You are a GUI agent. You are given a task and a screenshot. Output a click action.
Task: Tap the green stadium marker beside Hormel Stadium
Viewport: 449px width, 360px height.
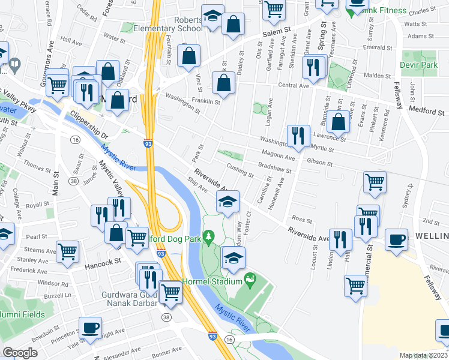pyautogui.click(x=250, y=280)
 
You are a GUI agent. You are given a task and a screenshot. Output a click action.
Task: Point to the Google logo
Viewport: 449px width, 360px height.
pyautogui.click(x=20, y=353)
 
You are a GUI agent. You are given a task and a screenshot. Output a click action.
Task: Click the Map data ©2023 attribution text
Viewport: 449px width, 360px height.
pyautogui.click(x=423, y=355)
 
